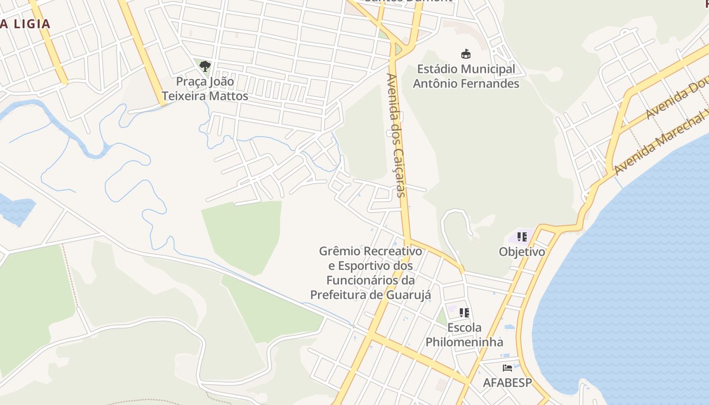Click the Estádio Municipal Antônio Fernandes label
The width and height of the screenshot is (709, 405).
(466, 76)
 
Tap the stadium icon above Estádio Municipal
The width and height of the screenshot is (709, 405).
(465, 54)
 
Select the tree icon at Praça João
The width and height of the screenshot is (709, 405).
(205, 66)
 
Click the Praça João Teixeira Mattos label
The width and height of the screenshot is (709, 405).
(205, 89)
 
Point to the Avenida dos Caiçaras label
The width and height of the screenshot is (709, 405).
(396, 135)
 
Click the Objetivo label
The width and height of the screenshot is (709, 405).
(522, 252)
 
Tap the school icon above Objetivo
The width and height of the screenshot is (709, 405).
(522, 236)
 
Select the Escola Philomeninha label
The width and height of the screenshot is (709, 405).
(464, 335)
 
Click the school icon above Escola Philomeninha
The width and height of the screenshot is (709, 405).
(464, 313)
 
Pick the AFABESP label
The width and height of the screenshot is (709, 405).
(507, 383)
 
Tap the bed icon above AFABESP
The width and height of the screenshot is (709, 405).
(507, 368)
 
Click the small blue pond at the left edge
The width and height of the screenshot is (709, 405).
(15, 209)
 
